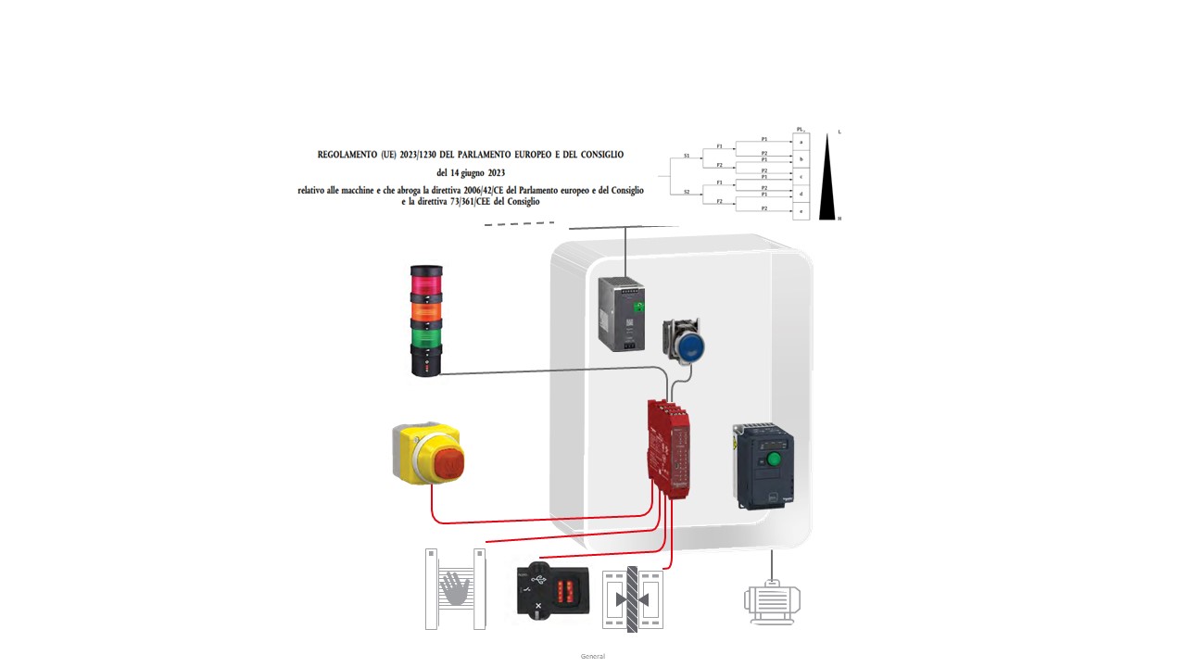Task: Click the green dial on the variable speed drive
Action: click(771, 459)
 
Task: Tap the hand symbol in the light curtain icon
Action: click(455, 589)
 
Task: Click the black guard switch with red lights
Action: click(551, 589)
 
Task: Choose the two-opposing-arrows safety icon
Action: click(633, 599)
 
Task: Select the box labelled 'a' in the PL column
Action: click(801, 142)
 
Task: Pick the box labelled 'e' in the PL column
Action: click(801, 211)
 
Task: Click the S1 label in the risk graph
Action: click(687, 157)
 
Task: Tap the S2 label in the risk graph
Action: click(687, 192)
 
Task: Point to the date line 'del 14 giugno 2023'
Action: click(471, 172)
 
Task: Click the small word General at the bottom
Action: click(592, 656)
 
